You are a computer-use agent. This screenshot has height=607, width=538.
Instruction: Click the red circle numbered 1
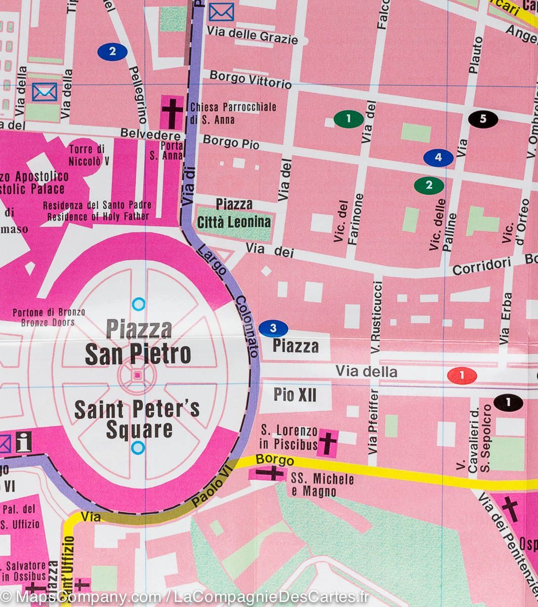462,375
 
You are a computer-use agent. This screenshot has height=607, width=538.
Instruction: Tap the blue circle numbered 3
273,329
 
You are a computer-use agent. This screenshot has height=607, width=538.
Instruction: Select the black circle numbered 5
483,119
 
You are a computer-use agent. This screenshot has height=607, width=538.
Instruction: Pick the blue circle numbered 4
438,157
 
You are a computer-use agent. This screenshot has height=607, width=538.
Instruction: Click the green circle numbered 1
348,119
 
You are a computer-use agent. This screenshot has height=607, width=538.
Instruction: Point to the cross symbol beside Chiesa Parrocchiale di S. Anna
172,113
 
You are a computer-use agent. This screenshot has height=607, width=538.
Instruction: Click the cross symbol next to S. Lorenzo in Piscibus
327,443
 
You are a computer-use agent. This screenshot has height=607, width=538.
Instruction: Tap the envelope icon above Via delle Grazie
221,12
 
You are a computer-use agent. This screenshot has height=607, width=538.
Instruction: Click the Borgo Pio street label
231,142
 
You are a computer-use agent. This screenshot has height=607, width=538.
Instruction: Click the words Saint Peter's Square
137,419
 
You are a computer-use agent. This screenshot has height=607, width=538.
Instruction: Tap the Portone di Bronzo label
49,317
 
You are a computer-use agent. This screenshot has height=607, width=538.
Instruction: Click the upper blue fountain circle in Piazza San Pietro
138,304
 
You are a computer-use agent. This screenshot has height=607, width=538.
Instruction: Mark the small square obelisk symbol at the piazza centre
138,375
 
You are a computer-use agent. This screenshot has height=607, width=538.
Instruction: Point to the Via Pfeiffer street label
374,421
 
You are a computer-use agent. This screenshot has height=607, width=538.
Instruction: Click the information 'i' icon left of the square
23,442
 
